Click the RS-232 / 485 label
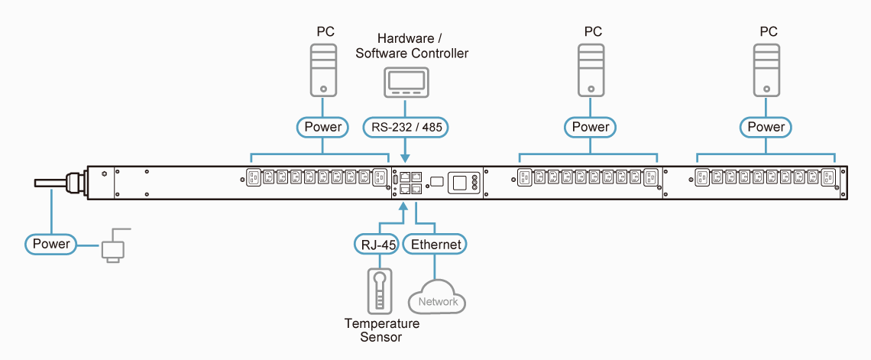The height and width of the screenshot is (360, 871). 405,127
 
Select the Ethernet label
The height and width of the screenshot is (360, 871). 435,245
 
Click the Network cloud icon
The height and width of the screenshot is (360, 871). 437,298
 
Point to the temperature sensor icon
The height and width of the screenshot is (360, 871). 380,290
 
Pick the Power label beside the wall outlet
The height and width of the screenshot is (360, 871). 52,245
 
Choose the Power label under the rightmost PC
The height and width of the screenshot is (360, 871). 766,127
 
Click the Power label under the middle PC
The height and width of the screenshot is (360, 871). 591,127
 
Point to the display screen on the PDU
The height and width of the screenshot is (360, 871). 459,182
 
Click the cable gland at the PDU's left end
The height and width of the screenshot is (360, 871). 75,182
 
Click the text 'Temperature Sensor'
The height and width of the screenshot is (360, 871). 382,330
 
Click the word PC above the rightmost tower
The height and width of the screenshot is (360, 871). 769,31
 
